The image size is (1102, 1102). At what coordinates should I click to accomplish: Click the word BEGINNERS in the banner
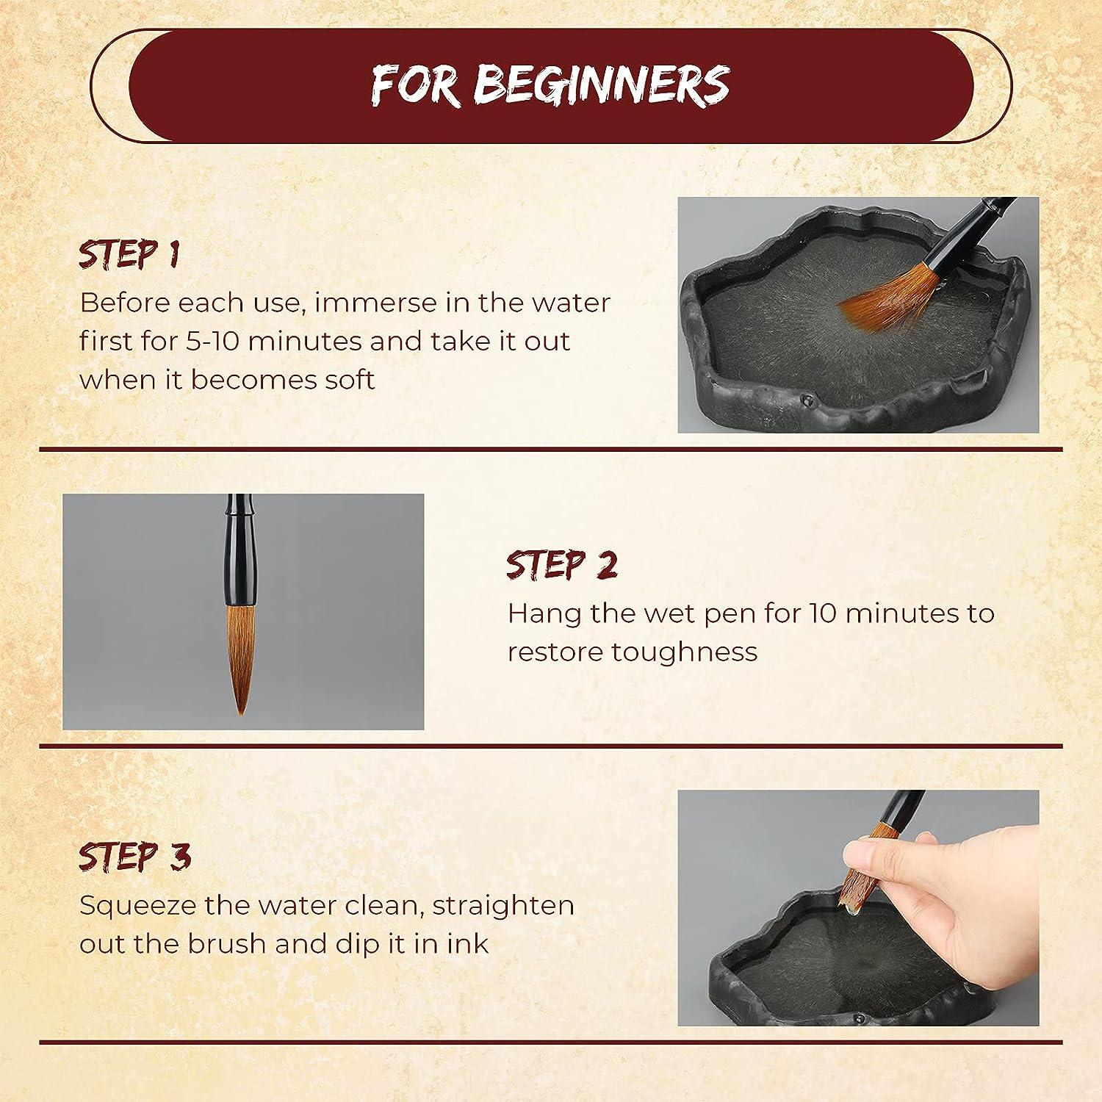tap(601, 85)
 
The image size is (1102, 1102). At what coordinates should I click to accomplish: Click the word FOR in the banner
tap(416, 85)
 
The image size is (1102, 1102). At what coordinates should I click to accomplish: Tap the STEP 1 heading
tap(129, 254)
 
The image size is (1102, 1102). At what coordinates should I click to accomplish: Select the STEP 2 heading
tap(562, 565)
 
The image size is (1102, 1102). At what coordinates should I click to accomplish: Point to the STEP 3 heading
tap(134, 857)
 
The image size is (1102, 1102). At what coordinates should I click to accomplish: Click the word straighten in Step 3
tap(503, 905)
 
